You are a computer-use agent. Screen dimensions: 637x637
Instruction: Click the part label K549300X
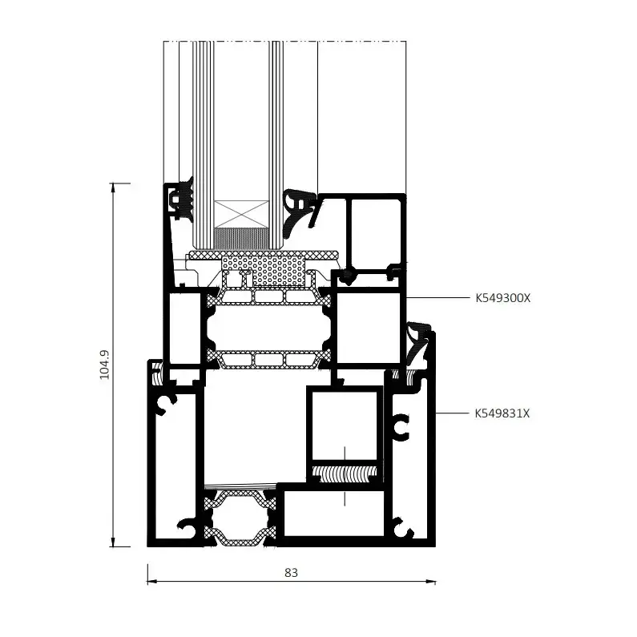point(502,298)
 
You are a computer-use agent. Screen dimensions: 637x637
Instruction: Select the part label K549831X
point(502,413)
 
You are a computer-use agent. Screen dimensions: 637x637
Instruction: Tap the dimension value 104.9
point(105,365)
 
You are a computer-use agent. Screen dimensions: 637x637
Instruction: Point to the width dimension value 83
point(291,573)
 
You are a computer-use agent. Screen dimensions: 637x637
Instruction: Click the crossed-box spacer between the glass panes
point(241,214)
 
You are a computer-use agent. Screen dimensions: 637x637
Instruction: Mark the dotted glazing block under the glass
point(264,270)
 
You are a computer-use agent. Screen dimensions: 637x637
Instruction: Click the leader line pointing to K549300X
point(437,298)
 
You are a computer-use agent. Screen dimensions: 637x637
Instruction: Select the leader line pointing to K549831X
point(452,413)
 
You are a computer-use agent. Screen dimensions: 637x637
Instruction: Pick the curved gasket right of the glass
point(299,212)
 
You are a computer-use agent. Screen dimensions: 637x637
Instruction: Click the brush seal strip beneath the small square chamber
point(345,474)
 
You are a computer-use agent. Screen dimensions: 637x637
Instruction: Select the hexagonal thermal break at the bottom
point(240,518)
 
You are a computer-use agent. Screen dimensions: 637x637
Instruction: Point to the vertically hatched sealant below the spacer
point(241,239)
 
